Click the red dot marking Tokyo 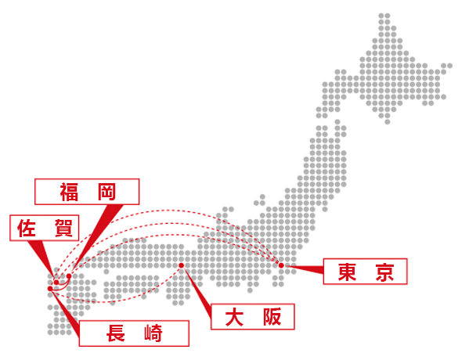281,265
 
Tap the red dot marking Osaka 182,265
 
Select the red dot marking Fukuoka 69,276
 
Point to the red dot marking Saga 56,283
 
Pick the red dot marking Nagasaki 50,289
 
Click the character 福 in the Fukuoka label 69,192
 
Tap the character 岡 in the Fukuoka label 106,192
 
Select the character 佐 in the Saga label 27,228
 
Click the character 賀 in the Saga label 63,228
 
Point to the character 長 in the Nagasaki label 116,333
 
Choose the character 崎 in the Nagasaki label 153,333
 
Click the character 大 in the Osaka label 234,317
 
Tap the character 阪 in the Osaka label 272,317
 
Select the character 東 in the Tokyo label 347,272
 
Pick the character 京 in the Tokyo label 384,272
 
